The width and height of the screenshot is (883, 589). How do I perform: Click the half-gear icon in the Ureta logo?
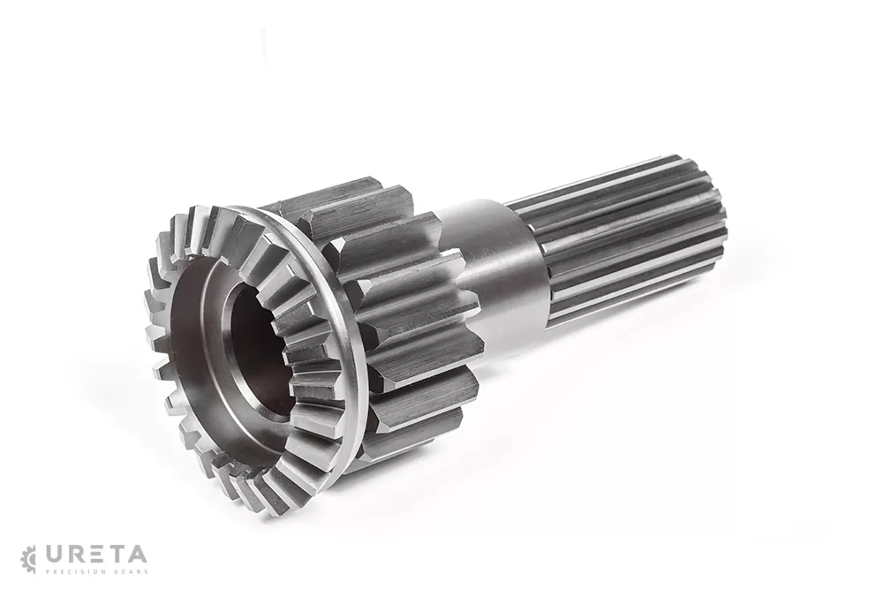[28, 559]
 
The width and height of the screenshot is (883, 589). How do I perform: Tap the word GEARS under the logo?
[132, 571]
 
